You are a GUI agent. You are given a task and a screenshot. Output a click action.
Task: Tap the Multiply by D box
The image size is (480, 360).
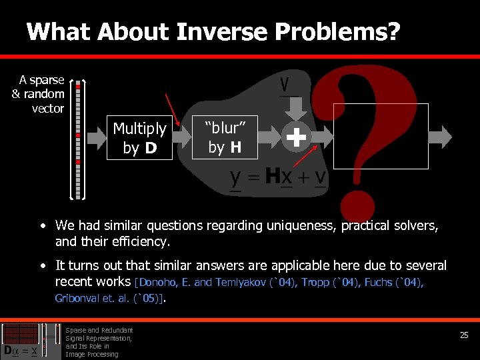click(139, 138)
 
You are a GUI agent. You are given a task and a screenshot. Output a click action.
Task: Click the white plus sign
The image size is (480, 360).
click(296, 137)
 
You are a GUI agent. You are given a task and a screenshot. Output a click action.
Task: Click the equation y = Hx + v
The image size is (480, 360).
click(277, 177)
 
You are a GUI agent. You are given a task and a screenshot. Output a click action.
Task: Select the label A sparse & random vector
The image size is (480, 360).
click(39, 94)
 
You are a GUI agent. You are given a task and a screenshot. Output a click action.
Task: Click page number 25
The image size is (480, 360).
click(464, 335)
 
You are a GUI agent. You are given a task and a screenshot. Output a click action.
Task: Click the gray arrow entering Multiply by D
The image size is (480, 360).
click(95, 138)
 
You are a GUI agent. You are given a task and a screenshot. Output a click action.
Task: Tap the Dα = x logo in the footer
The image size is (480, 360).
click(24, 341)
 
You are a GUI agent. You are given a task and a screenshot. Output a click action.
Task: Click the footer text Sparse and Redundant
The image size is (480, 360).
click(99, 330)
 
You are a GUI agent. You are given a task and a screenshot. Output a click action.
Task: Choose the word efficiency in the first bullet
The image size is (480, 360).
click(140, 241)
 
